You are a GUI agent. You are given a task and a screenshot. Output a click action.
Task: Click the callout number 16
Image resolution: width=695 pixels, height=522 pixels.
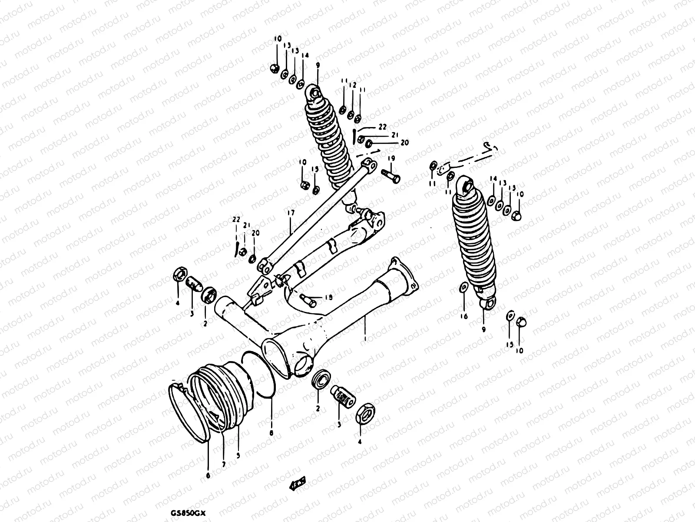point(463,316)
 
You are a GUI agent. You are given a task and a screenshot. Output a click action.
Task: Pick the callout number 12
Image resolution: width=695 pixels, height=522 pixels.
point(353,85)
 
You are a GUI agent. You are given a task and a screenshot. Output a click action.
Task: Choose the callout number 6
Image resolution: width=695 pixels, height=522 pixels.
point(208,476)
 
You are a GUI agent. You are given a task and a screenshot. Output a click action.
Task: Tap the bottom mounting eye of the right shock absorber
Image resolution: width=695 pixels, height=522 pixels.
point(487,302)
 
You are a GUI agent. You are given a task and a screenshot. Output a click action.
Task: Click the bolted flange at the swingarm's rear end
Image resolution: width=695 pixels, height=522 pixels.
point(404,273)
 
